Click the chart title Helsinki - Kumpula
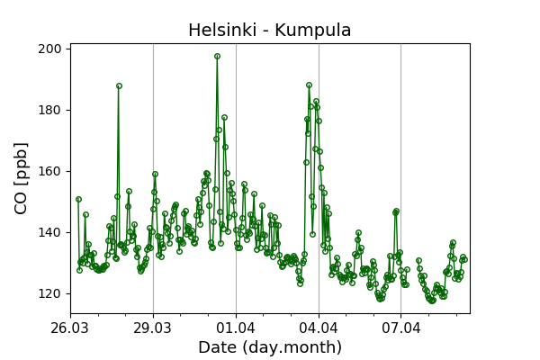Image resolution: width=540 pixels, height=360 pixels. [x=270, y=31]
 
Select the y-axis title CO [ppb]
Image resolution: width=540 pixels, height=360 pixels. [x=21, y=177]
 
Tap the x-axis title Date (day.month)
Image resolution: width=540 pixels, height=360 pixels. [x=270, y=347]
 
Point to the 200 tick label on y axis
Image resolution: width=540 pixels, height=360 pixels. [x=50, y=49]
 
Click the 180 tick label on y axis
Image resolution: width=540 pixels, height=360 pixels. [x=50, y=110]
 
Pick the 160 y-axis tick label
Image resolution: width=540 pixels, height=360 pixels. [x=50, y=171]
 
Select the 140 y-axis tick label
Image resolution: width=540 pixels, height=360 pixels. [x=50, y=232]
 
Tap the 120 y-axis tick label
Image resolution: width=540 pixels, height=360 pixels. [x=50, y=293]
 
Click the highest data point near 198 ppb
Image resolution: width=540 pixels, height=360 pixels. [x=217, y=56]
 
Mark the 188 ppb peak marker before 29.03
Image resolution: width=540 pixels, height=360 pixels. [x=119, y=86]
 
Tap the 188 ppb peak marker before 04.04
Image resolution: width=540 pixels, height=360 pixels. [x=309, y=85]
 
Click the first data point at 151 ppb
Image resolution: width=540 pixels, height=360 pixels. [x=78, y=199]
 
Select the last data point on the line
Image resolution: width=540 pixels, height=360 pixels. [x=464, y=259]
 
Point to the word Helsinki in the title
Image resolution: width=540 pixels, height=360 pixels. [x=223, y=31]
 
